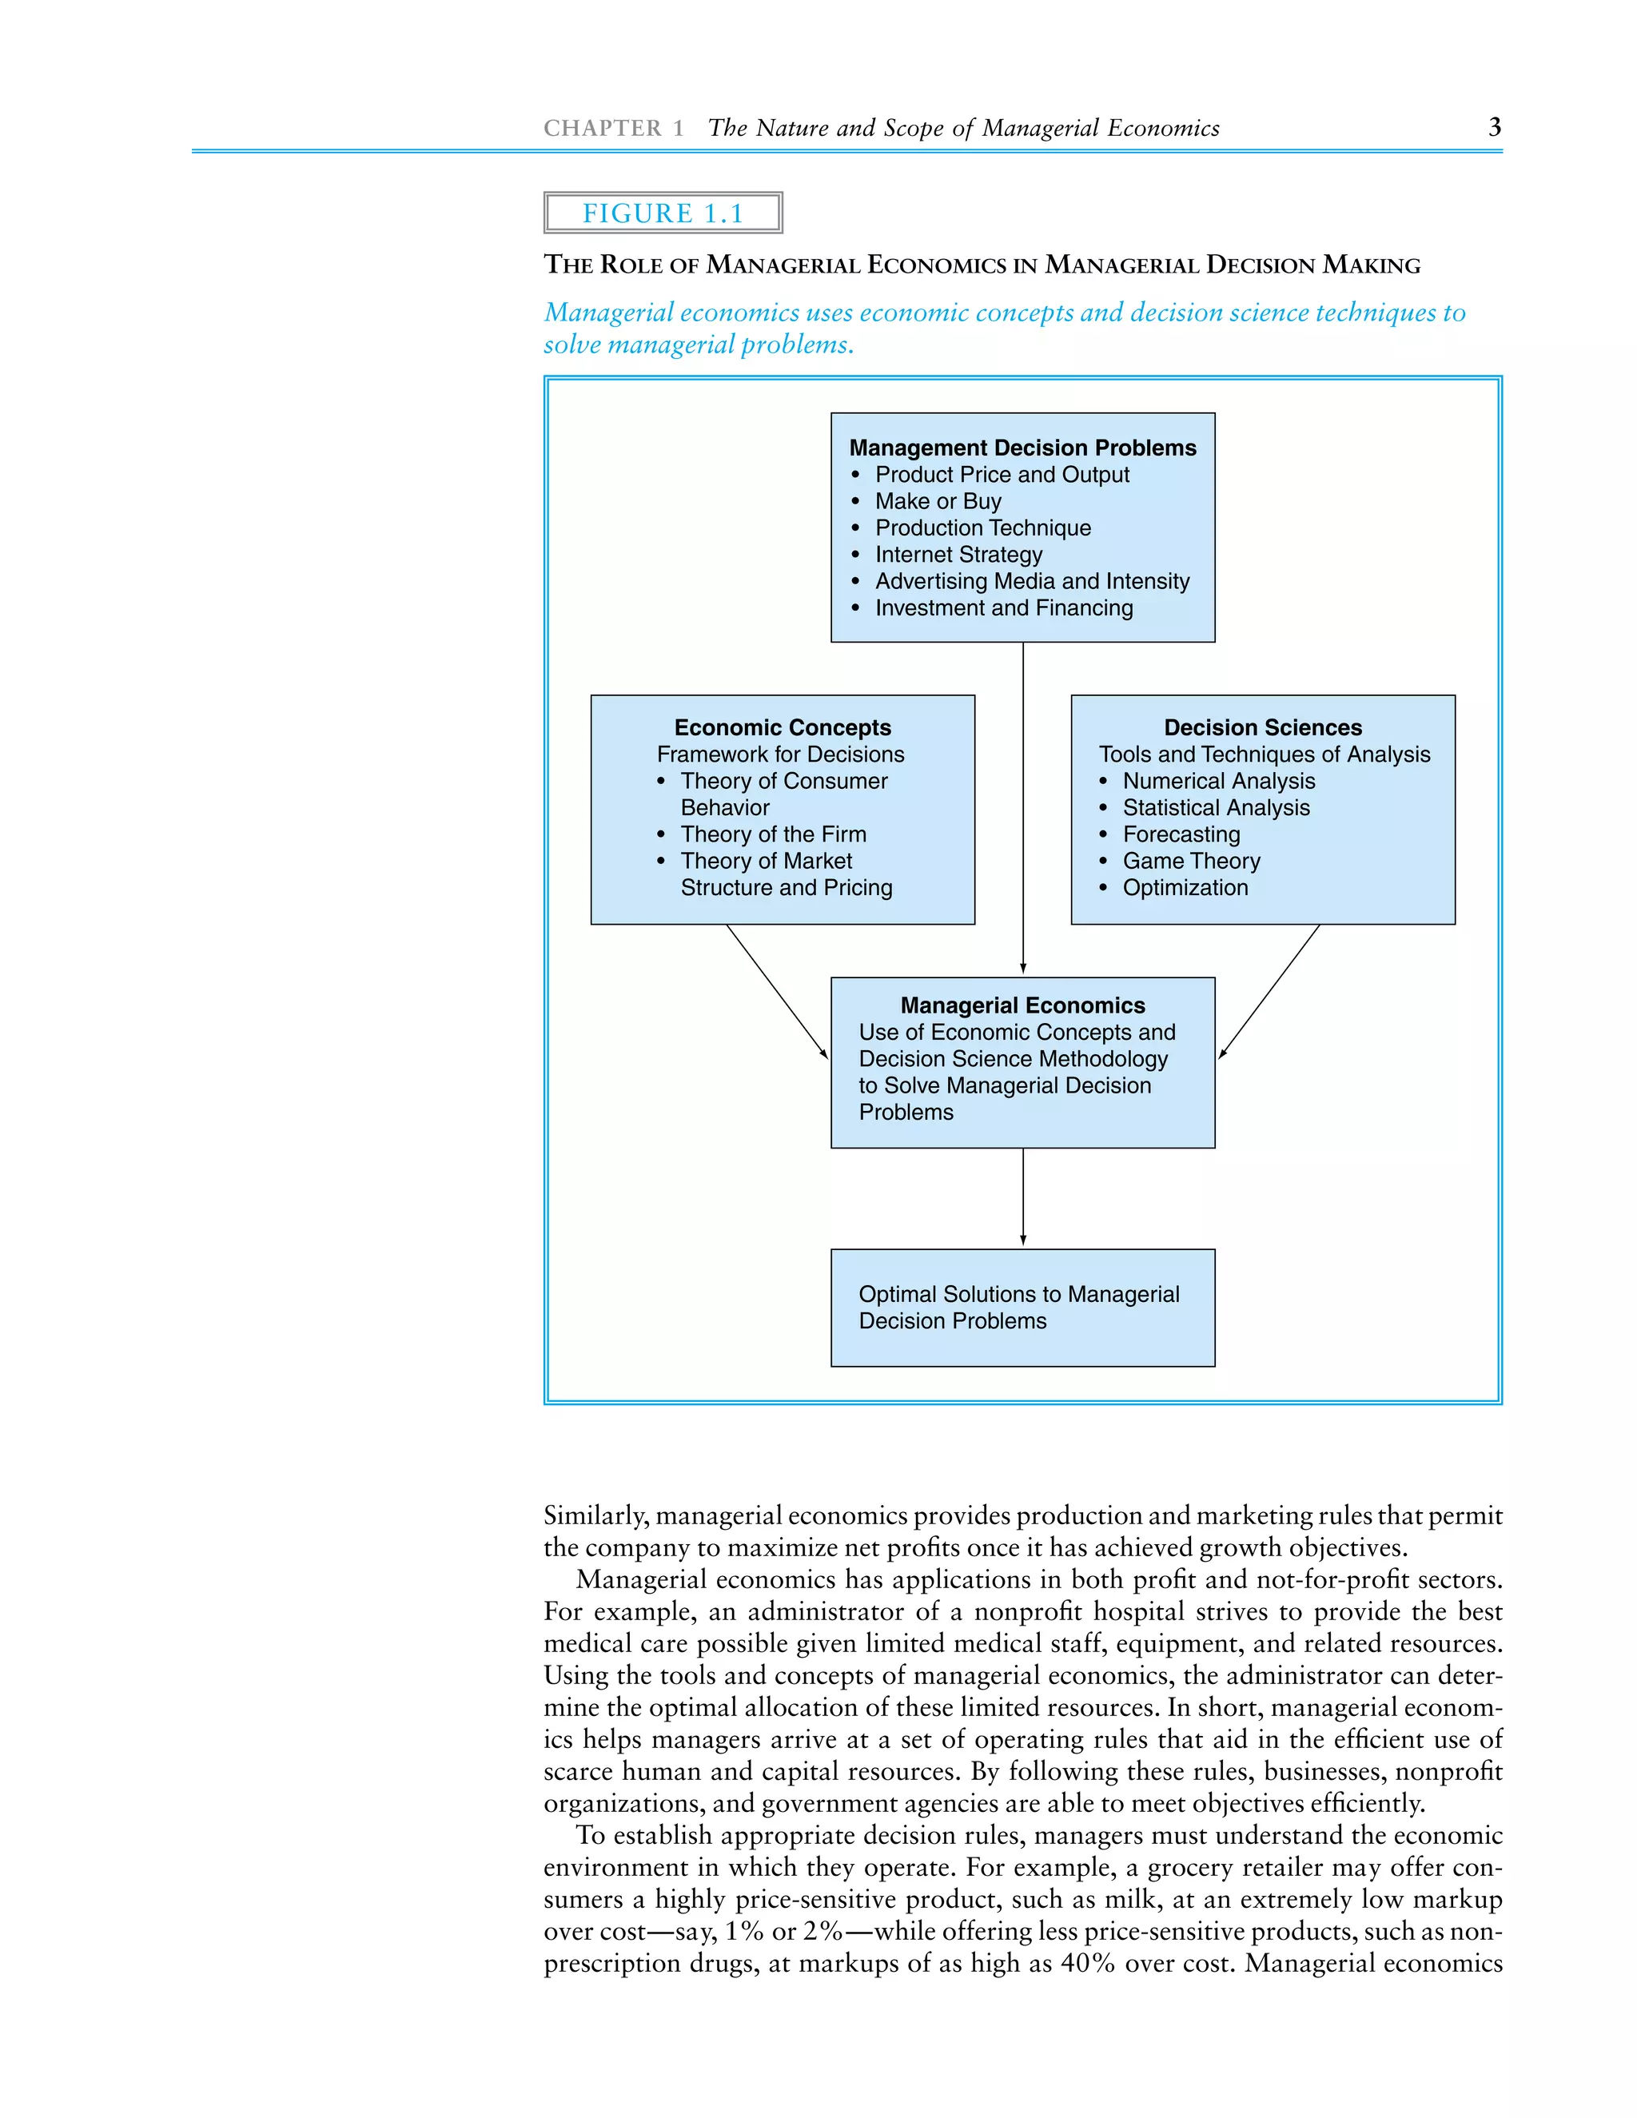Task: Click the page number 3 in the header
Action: point(1495,127)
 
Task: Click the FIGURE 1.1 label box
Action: point(663,213)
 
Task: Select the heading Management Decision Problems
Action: point(1022,448)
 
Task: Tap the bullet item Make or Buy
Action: point(938,501)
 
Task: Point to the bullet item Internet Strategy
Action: point(958,555)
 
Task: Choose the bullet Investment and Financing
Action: point(1004,608)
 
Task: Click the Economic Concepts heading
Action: point(783,727)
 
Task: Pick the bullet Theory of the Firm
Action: point(773,834)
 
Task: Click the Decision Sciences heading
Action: point(1263,727)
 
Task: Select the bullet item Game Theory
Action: point(1191,861)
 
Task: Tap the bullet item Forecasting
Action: point(1181,834)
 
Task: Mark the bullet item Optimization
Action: point(1185,887)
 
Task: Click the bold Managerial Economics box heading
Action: point(1022,1005)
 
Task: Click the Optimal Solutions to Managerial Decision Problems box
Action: point(1022,1308)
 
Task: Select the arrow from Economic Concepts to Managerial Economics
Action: point(777,990)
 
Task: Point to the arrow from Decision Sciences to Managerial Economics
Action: point(1269,990)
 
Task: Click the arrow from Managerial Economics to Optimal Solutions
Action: point(1023,1198)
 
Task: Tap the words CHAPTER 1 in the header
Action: point(613,128)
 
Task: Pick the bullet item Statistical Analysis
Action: point(1215,808)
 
